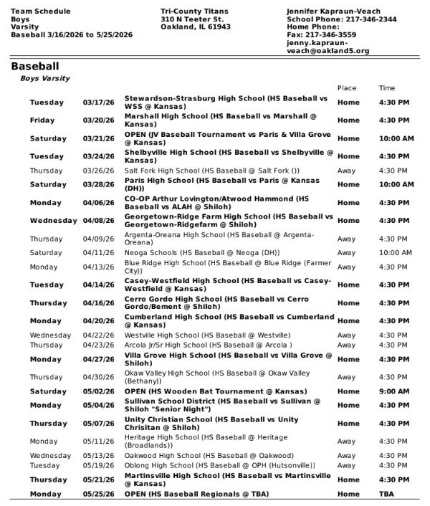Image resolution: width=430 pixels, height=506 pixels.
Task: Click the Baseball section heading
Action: coord(34,67)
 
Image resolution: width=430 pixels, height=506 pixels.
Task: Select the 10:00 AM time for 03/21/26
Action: coord(396,138)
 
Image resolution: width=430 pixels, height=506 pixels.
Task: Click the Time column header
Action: coord(387,88)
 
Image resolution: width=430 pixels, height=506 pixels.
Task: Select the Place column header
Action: coord(347,88)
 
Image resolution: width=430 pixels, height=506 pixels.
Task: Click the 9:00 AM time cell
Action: coord(394,391)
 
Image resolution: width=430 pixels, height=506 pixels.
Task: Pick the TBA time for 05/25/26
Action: coord(386,495)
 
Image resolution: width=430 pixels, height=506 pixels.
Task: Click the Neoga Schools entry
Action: coord(203,252)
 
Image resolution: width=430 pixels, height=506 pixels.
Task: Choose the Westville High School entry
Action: coord(207,335)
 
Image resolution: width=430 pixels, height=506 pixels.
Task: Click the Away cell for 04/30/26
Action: coord(346,377)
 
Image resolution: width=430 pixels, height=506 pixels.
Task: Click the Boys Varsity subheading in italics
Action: coord(44,78)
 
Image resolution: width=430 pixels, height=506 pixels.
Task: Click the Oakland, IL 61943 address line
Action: coord(196,27)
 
